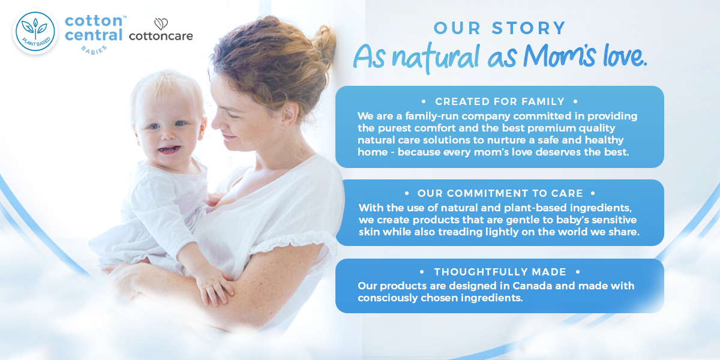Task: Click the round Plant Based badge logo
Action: pos(35,31)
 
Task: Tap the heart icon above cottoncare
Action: pos(161,24)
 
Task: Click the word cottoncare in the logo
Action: pos(161,36)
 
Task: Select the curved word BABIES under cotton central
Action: pos(94,50)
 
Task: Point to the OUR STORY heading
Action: pos(500,28)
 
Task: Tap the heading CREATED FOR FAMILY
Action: pos(500,101)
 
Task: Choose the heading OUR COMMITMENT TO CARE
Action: pos(500,193)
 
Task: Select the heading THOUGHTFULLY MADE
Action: pos(500,272)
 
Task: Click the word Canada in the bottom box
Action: pos(532,286)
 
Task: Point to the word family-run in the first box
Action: pos(431,116)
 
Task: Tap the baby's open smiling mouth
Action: pos(169,149)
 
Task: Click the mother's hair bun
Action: pos(323,44)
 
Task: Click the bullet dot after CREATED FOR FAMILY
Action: pos(575,101)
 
